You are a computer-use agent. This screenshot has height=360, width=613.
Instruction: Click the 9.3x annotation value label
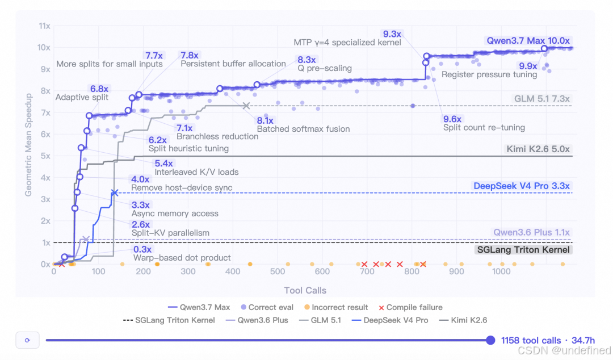(x=392, y=34)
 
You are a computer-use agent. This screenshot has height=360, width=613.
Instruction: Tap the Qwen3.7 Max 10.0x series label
(x=528, y=41)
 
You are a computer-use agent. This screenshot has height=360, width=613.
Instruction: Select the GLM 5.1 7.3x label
(x=541, y=99)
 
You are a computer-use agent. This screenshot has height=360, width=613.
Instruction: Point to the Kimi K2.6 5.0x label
(x=538, y=149)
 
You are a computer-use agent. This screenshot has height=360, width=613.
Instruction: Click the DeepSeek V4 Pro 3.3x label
(x=522, y=186)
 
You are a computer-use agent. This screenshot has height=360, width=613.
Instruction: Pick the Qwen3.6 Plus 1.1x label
(x=531, y=232)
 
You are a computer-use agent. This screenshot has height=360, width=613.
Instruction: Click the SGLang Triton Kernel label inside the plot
(x=523, y=250)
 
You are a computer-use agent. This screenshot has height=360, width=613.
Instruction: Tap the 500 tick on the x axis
(x=277, y=271)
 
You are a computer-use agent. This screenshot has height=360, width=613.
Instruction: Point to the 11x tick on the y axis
(x=45, y=26)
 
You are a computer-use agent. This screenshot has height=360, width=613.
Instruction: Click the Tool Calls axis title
(x=305, y=290)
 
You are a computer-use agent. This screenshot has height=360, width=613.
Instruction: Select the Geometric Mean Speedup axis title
(x=28, y=145)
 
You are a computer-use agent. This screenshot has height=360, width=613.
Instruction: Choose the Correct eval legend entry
(x=267, y=308)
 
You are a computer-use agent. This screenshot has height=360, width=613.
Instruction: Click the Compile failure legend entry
(x=410, y=308)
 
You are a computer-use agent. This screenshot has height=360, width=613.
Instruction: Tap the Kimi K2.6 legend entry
(x=463, y=320)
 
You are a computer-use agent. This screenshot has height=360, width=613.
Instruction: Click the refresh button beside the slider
(x=27, y=340)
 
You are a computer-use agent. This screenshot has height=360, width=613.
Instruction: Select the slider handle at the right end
(x=490, y=340)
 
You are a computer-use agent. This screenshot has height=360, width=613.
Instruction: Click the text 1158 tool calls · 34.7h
(x=548, y=341)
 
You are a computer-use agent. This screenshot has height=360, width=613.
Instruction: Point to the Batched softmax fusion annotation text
(x=303, y=129)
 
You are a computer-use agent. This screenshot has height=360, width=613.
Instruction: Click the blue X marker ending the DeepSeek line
(x=115, y=193)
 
